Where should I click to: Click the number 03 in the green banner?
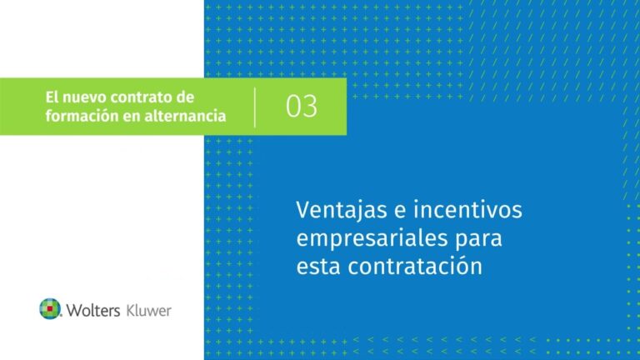(x=302, y=107)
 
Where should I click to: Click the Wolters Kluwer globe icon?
(x=50, y=309)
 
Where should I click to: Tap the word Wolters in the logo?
(x=92, y=310)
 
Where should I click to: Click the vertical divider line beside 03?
(x=255, y=107)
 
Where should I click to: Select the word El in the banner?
(x=52, y=98)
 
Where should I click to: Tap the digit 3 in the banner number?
(x=310, y=107)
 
